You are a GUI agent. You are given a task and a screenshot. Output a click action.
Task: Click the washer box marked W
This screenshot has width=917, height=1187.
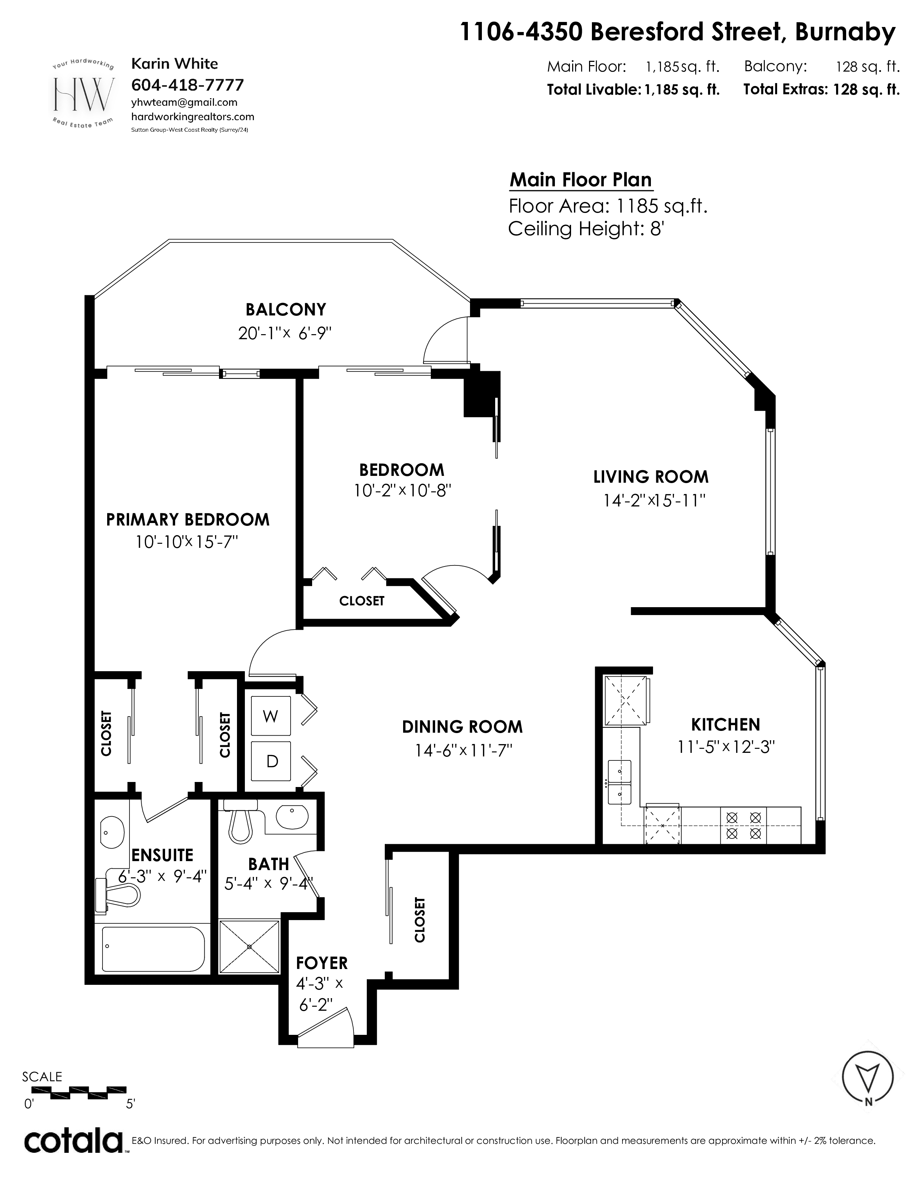[x=270, y=716]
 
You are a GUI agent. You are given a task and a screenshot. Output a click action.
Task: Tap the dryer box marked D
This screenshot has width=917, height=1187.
[x=271, y=761]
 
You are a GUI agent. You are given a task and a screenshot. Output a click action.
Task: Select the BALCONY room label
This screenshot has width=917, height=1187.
[x=286, y=309]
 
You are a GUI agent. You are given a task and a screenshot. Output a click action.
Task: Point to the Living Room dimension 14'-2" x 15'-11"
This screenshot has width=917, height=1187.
[x=654, y=500]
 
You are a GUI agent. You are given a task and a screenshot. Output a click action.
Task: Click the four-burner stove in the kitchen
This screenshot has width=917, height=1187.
[x=743, y=825]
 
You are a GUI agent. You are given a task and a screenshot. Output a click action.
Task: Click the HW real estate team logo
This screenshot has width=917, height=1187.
[x=83, y=94]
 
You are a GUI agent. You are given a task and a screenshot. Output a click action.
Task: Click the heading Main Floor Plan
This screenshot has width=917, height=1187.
[x=581, y=180]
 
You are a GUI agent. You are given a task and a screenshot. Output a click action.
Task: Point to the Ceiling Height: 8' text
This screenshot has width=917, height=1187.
[x=586, y=229]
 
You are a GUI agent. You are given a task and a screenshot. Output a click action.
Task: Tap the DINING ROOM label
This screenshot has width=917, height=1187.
[x=462, y=727]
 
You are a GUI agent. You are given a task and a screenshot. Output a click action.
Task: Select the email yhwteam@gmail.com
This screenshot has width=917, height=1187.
[x=184, y=102]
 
